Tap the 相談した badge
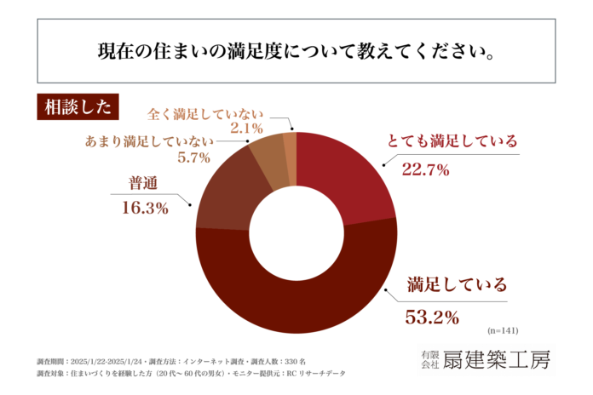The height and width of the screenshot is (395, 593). pyautogui.click(x=72, y=107)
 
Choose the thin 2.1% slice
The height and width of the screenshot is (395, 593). pyautogui.click(x=291, y=146)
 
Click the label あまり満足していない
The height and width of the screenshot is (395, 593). pyautogui.click(x=147, y=138)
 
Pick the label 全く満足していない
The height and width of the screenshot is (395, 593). pyautogui.click(x=205, y=112)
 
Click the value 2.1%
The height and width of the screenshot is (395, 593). pyautogui.click(x=245, y=129)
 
